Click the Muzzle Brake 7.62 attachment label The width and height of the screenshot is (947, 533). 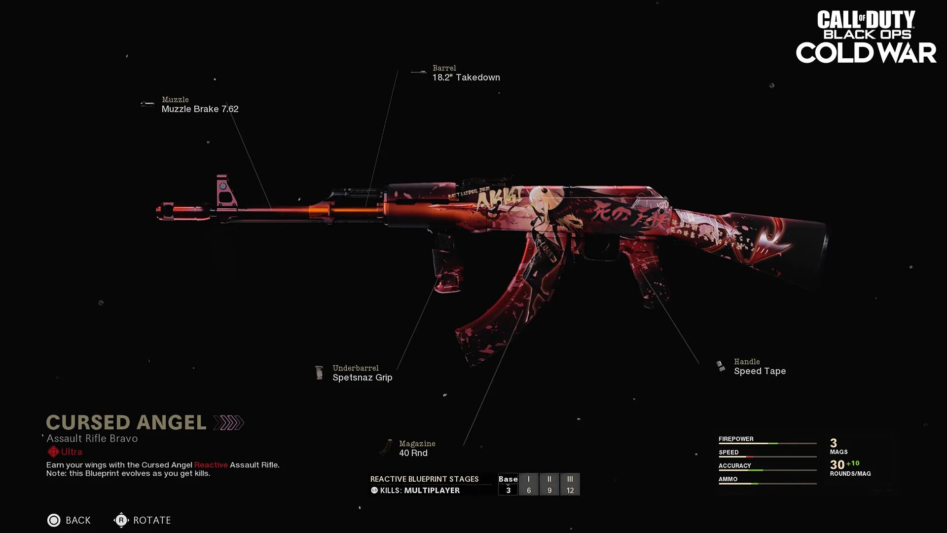coord(200,109)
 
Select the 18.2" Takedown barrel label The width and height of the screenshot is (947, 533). coord(466,77)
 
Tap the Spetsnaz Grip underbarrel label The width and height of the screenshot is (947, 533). coord(362,378)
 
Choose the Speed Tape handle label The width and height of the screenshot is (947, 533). coord(760,371)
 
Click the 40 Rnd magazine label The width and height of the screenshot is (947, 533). coord(413,453)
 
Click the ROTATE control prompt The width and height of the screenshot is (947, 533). coord(151,520)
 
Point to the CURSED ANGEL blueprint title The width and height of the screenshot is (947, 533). coord(126,422)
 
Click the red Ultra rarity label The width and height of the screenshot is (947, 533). coord(72,452)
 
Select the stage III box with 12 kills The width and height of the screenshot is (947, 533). coord(570,484)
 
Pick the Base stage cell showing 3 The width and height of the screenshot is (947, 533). coord(508,484)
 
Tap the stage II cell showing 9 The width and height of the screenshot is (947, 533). coord(549,484)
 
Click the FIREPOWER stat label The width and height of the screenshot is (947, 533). coord(736,439)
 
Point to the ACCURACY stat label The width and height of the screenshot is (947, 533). coord(734,465)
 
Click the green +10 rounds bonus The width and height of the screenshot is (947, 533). coord(853,463)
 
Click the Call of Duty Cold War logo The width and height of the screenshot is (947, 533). coord(866,37)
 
